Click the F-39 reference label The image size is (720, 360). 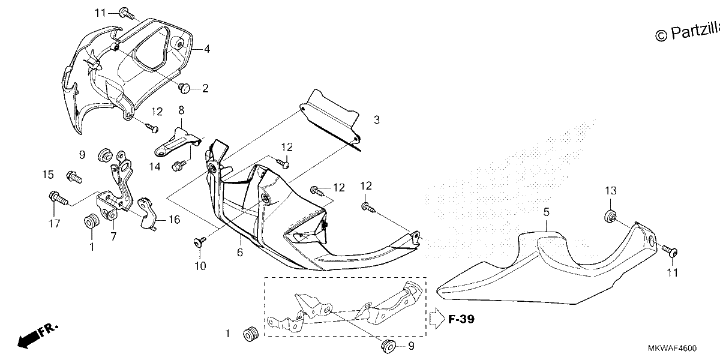pos(461,319)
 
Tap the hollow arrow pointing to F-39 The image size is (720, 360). pos(437,318)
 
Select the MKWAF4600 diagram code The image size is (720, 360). pos(672,348)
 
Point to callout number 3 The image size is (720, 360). pos(377,120)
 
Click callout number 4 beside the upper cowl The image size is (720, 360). pos(206,49)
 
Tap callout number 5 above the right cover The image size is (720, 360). pos(547,212)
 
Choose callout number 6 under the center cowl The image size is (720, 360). pos(240,253)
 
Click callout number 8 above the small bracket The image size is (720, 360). pos(181,110)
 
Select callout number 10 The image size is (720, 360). pos(200,266)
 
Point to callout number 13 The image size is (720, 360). pos(611,191)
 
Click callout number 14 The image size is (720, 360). pos(155,167)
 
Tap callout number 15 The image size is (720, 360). pos(48,175)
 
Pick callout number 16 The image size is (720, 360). pos(174,220)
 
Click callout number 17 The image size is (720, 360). pos(54,223)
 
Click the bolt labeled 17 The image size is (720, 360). pos(58,198)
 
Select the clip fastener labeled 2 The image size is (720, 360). pos(185,88)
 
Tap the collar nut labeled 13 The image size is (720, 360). pos(610,216)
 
